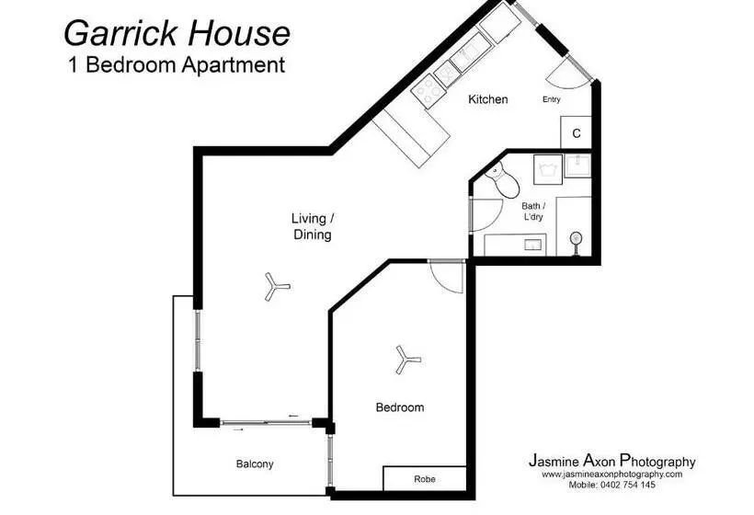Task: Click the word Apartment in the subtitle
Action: click(230, 65)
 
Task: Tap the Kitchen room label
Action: click(487, 99)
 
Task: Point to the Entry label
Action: click(552, 99)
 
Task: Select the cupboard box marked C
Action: click(577, 133)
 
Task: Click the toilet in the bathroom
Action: click(503, 180)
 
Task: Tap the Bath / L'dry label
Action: click(533, 212)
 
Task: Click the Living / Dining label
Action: click(312, 226)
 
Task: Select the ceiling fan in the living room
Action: click(276, 286)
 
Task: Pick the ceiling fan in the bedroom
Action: click(405, 360)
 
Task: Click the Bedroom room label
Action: click(400, 407)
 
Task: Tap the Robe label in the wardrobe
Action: click(424, 479)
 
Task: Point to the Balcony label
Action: click(254, 464)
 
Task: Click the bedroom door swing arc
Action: click(448, 276)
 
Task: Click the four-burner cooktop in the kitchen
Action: click(428, 87)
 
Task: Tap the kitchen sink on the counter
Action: click(465, 55)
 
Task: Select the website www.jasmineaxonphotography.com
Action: click(611, 475)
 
